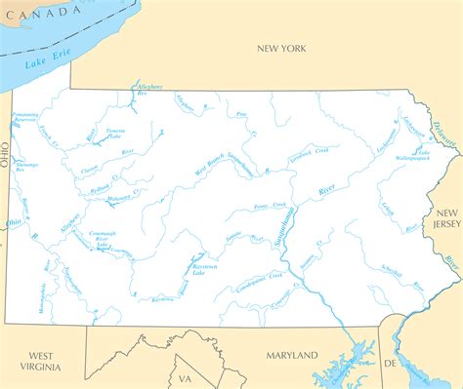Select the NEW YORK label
(x=281, y=48)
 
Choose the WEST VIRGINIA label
(x=44, y=361)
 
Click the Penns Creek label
(x=270, y=207)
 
